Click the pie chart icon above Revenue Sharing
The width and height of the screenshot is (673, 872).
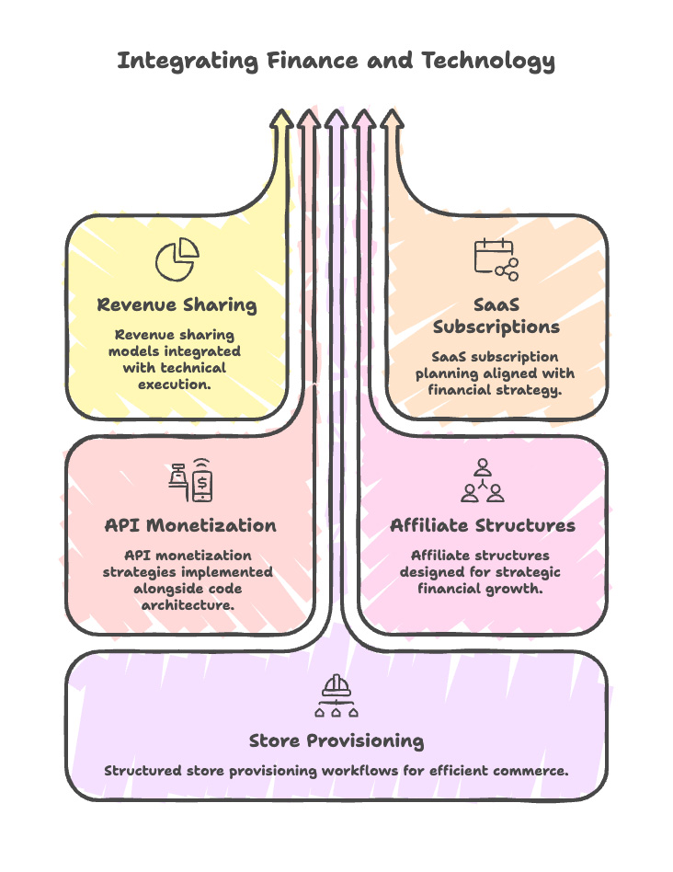(x=177, y=259)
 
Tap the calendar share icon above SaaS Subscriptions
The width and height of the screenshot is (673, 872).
(x=496, y=259)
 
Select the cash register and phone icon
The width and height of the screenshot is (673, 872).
(x=189, y=480)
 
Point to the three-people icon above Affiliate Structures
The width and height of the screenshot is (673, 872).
(x=483, y=480)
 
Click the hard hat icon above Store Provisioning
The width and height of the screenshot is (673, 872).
(x=336, y=696)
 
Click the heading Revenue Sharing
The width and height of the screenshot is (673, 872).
(x=177, y=304)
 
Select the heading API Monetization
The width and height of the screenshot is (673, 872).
(x=189, y=525)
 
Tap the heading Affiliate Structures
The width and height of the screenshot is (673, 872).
(x=483, y=525)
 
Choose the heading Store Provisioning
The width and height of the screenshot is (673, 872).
(x=336, y=740)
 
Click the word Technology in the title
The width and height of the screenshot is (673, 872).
(x=488, y=62)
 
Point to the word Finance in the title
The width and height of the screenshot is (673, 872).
(x=314, y=62)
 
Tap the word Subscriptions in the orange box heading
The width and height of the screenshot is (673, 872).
(x=496, y=327)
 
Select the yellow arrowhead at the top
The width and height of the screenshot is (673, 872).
(x=281, y=120)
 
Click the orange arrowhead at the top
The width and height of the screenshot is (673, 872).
(x=392, y=120)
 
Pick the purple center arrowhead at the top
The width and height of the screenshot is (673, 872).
(x=336, y=120)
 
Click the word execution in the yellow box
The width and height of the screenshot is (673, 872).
(x=175, y=384)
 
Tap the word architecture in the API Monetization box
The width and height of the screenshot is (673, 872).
(x=187, y=604)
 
